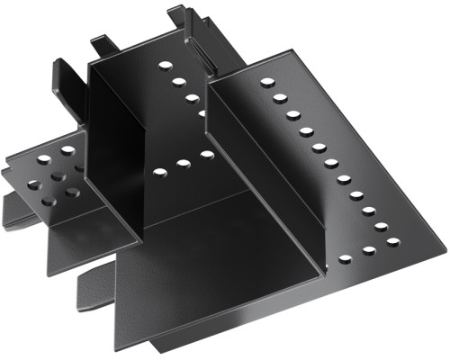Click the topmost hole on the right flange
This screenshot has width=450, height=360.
[x=267, y=82]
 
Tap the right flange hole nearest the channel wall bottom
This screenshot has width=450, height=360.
[x=345, y=259]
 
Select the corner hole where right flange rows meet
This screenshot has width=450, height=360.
[x=392, y=241]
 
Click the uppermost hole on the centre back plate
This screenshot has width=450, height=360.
[x=165, y=66]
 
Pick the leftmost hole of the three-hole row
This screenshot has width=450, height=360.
[x=160, y=170]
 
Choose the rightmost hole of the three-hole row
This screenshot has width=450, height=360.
[x=206, y=155]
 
